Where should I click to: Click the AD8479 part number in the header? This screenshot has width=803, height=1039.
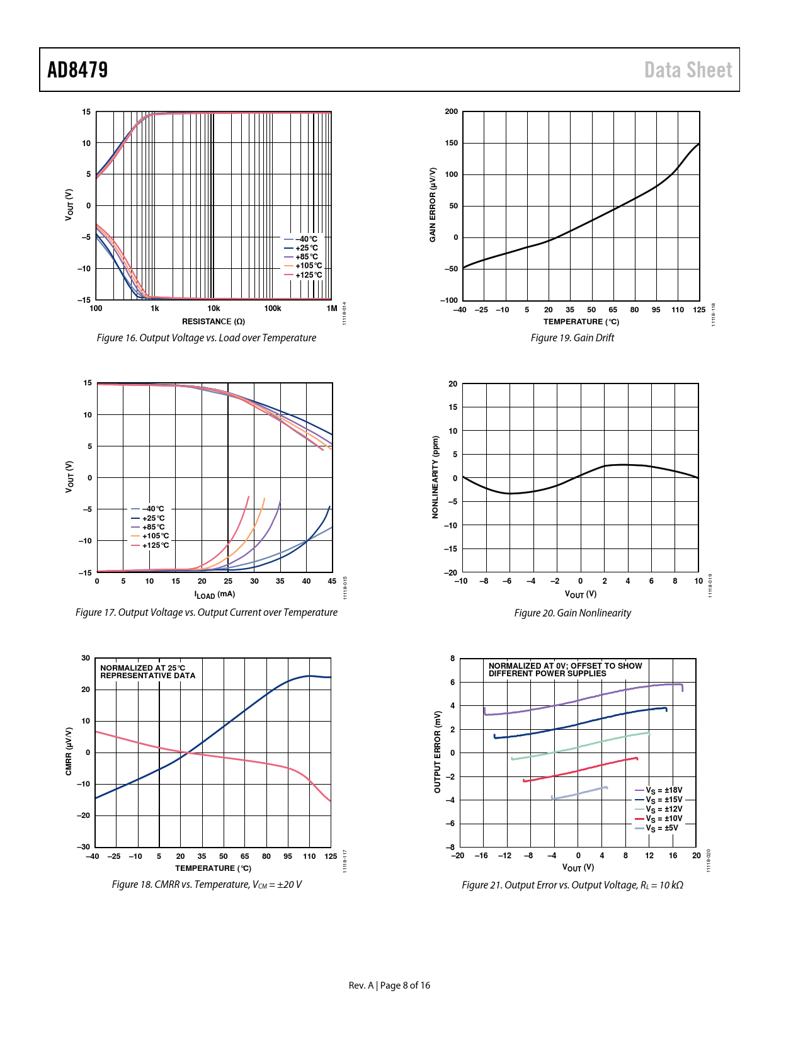tap(77, 70)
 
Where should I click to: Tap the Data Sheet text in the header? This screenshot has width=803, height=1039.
tap(688, 70)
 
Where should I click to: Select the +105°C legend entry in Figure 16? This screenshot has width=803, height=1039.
tap(308, 266)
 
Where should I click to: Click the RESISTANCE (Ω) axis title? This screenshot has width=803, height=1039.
tap(214, 321)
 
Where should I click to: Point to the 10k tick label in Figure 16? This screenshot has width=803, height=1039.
tap(214, 309)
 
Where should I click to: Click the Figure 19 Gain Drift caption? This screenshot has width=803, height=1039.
tap(572, 338)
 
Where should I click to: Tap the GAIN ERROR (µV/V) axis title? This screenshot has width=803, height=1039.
tap(433, 205)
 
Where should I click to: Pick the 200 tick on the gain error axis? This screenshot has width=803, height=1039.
tap(452, 111)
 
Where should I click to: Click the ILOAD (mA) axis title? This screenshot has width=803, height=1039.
tap(214, 594)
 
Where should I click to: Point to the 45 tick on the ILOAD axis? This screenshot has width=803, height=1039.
tap(332, 581)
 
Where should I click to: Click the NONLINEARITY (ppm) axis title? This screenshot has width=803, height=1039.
tap(435, 477)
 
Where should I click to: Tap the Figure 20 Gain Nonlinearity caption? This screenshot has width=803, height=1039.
tap(572, 613)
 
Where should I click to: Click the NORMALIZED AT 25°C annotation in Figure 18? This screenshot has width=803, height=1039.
tap(143, 668)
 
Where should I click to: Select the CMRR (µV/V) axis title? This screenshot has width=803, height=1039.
tap(69, 751)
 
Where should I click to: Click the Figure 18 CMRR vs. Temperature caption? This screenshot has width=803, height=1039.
tap(207, 885)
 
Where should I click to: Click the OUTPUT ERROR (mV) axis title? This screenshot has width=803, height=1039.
tap(437, 752)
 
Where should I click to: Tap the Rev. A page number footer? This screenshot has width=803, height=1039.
tap(389, 985)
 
